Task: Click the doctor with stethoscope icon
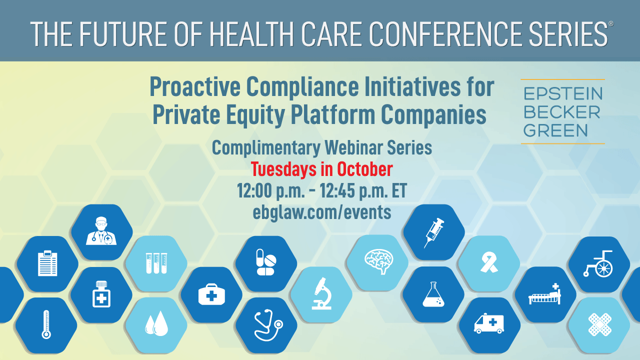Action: pos(101,231)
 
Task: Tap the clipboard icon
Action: pos(47,263)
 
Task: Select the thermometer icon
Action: pos(46,324)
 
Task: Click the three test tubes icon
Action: pos(156,263)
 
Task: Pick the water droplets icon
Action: pos(156,323)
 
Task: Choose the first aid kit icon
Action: pos(211,294)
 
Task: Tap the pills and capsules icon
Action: pos(266,262)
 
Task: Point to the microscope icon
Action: pos(322,293)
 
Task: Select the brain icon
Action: pos(379,261)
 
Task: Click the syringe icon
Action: pos(434,232)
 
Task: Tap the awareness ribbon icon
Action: pos(489,262)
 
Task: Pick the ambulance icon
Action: pos(489,323)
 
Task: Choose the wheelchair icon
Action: pos(598,263)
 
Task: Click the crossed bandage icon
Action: pos(600,324)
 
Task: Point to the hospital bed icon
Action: pos(544,294)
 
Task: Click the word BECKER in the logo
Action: pos(561,112)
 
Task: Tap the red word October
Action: pos(365,169)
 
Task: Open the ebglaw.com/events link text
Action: pos(322,213)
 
